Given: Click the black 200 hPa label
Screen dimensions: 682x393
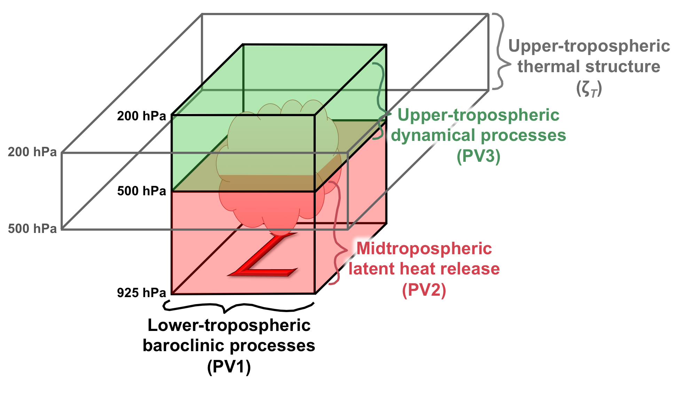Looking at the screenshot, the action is point(141,116).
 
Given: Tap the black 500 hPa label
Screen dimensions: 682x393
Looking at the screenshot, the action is point(141,191).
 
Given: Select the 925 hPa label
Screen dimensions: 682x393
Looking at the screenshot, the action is point(141,293).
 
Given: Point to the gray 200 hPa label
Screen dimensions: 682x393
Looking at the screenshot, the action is point(32,152).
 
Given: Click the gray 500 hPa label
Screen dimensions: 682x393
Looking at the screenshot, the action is point(32,229).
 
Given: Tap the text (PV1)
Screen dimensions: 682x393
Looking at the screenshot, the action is point(229,367).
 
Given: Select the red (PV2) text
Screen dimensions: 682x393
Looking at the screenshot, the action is point(424,290).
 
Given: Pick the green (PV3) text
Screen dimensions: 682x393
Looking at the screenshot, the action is point(478,156).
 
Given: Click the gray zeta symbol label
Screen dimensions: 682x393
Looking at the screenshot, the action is point(589,88).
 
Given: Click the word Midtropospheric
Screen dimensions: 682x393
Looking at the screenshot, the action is point(424,249).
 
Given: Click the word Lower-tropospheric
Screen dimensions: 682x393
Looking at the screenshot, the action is point(229,326).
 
